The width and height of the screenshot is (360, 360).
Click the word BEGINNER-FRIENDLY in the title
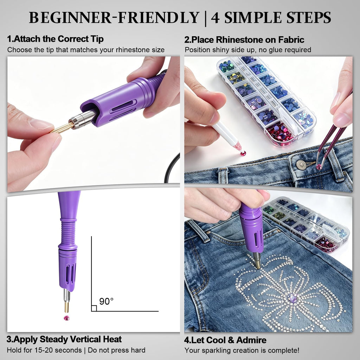point(114,18)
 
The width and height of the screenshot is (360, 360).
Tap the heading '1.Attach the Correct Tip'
point(55,39)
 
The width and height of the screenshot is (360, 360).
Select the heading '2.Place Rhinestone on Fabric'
point(244,40)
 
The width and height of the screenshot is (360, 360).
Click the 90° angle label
point(106,301)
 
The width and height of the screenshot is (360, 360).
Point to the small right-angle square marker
point(94,308)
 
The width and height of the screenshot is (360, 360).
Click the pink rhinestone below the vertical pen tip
point(66,318)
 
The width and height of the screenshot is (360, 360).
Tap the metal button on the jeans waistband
point(301,165)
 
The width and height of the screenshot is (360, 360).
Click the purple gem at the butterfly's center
point(292,298)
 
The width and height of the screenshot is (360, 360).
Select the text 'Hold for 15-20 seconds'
point(44,350)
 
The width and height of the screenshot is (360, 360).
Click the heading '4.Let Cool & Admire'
point(225,340)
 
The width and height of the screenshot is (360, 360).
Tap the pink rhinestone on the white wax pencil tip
point(243,153)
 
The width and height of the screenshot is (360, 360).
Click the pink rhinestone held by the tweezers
point(319,167)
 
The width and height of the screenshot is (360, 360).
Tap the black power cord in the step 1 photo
point(169,168)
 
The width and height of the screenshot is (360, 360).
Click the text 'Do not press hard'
point(117,350)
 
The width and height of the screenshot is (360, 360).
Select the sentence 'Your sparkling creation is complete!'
point(242,351)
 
